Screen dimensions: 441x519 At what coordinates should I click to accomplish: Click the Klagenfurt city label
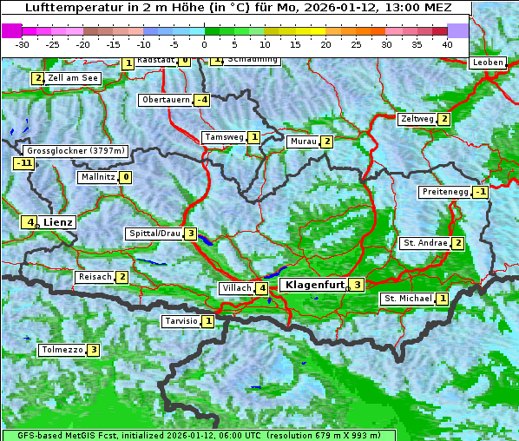coord(313,284)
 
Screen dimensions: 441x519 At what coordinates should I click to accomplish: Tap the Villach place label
coord(236,288)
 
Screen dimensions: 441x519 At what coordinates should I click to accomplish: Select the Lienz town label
coord(58,222)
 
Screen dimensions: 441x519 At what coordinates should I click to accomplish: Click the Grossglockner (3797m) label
coord(73,151)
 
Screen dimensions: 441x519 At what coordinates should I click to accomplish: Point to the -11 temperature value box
coord(23,163)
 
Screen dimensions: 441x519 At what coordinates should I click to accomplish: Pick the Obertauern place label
coord(165,100)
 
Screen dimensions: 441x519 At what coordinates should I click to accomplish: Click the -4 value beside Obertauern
coord(201,100)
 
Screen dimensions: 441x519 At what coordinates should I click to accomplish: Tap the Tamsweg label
coord(224,137)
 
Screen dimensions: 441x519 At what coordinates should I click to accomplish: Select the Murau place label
coord(303,142)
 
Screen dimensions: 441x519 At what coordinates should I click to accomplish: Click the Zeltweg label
coord(417,119)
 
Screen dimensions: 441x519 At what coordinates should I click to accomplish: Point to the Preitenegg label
coord(445,192)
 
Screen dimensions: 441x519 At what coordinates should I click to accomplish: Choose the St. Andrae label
coord(424,243)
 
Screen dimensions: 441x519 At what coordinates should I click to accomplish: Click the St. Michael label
coord(408,299)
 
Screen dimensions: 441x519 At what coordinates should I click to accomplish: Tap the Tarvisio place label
coord(181,321)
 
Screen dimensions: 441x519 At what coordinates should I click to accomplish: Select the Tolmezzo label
coord(62,351)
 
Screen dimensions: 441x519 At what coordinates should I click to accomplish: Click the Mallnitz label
coord(97,177)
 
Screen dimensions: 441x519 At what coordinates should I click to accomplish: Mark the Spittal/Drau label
coord(154,234)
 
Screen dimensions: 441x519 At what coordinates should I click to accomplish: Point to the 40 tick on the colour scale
coord(446,44)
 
